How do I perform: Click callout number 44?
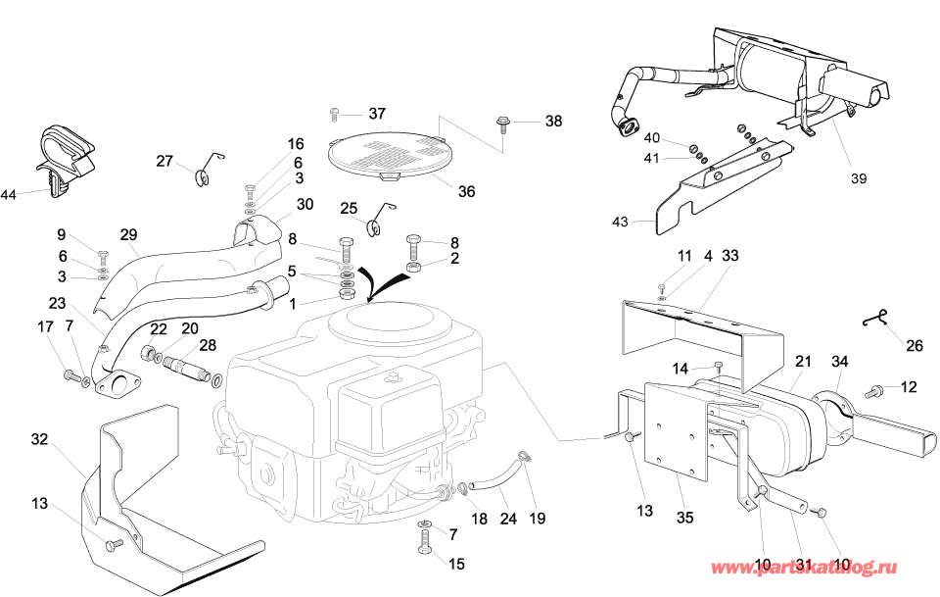point(8,196)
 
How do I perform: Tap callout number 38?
point(554,122)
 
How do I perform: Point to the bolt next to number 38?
point(502,124)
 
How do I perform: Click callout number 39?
point(859,178)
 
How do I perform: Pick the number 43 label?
point(620,223)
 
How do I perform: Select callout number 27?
point(164,161)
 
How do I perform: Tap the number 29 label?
point(129,235)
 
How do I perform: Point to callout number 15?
point(457,564)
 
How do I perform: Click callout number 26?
point(915,345)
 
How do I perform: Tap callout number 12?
point(909,387)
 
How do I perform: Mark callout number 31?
point(804,564)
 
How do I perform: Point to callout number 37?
point(378,114)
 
